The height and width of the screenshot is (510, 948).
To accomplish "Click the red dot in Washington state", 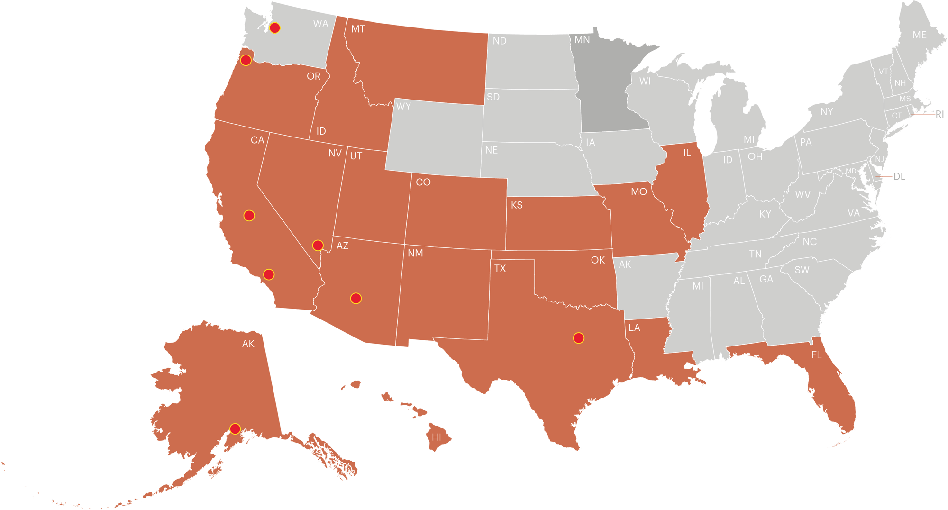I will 275,28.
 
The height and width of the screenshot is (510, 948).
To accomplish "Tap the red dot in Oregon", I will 246,60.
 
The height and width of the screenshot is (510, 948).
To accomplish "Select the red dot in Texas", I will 578,338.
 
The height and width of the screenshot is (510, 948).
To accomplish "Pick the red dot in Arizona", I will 356,298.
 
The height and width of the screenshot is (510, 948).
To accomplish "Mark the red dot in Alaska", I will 235,428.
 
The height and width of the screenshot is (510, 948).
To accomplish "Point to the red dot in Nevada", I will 318,245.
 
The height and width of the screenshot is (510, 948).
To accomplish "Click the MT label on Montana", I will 358,29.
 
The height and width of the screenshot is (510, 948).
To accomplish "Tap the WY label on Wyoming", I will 403,107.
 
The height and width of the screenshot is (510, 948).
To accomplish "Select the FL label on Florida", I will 816,355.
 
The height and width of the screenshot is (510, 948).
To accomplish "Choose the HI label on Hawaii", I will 437,437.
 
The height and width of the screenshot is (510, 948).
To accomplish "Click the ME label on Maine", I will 920,35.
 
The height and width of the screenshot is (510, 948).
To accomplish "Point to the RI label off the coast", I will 939,115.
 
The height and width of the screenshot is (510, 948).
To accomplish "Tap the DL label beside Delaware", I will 900,177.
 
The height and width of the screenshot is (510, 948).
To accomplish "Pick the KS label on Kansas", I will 517,205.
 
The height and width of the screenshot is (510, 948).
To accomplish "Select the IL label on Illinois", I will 687,153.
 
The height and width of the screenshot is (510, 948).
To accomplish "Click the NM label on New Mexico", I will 415,254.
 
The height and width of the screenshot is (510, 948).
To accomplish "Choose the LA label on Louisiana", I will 634,328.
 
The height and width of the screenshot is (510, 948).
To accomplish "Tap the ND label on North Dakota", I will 500,41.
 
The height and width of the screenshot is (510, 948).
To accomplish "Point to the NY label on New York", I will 827,112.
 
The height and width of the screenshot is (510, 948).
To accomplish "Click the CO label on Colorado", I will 423,182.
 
